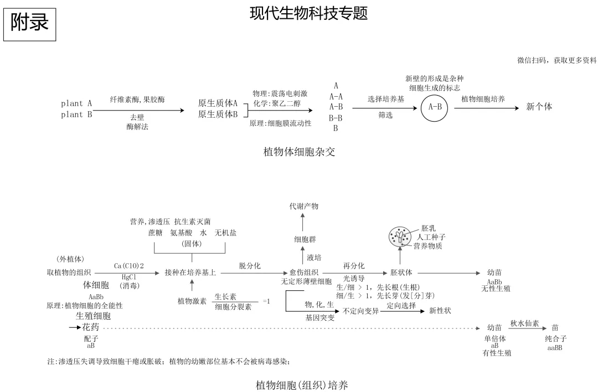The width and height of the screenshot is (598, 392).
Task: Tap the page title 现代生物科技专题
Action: click(x=309, y=13)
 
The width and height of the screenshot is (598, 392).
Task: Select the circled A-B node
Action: click(x=435, y=107)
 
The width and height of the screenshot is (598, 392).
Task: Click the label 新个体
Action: click(x=539, y=107)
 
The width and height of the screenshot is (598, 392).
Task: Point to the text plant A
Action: click(x=76, y=103)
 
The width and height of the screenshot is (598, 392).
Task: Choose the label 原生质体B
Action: click(x=218, y=114)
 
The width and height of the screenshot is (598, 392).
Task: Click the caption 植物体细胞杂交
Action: click(x=299, y=151)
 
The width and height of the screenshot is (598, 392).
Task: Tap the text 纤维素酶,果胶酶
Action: click(x=137, y=100)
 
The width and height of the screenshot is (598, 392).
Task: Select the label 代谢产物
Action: click(x=304, y=206)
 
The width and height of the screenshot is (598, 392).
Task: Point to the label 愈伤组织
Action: click(x=304, y=273)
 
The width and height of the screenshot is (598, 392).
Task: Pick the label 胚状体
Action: click(x=401, y=273)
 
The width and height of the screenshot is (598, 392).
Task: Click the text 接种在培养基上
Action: click(x=190, y=273)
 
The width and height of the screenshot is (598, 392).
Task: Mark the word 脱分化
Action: click(x=250, y=266)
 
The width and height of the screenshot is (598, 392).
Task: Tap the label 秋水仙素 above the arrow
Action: click(x=524, y=323)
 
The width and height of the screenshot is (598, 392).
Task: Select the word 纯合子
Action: click(x=555, y=339)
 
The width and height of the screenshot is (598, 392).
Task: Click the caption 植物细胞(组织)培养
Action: click(x=302, y=385)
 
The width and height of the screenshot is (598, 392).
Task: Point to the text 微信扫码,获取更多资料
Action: click(x=557, y=60)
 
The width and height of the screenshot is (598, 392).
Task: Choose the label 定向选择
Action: click(x=401, y=305)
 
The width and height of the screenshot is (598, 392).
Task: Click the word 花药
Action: click(x=91, y=328)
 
